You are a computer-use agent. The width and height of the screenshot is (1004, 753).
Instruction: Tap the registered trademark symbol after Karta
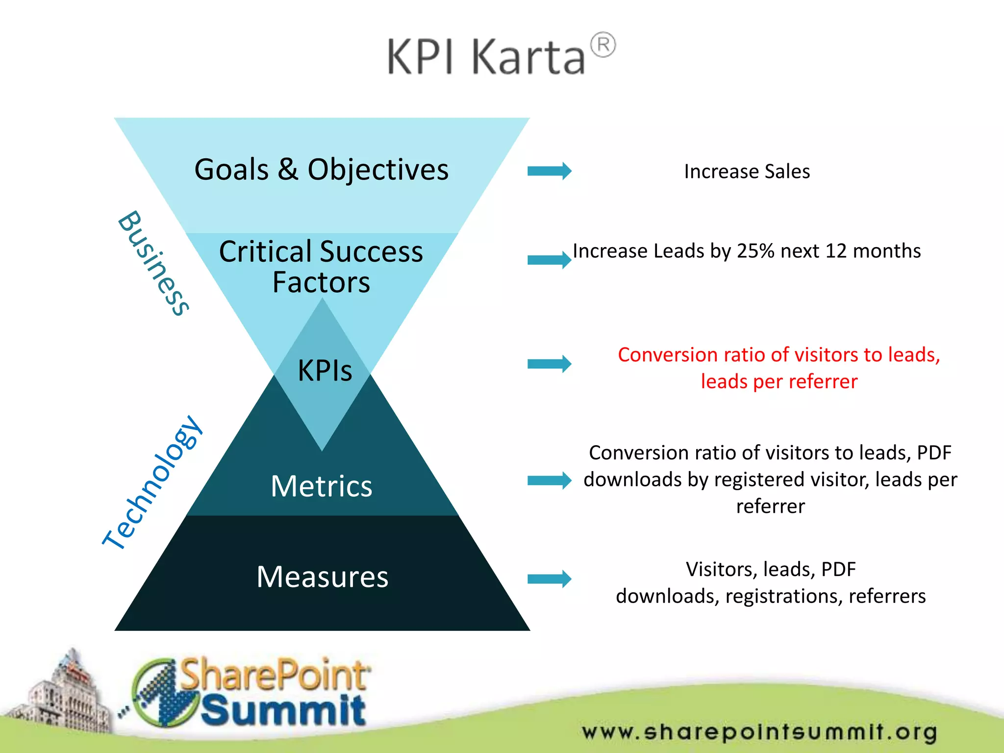[602, 46]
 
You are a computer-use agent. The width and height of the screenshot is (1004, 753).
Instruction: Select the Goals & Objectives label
[321, 170]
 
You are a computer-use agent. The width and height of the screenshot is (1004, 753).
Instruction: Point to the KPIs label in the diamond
[325, 370]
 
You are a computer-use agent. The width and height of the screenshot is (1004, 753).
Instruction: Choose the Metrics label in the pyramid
[322, 486]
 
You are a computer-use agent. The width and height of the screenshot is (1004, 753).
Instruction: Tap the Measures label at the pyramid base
[322, 577]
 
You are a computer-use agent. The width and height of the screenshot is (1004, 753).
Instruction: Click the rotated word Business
[153, 263]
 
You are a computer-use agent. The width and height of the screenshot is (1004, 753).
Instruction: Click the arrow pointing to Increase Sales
[549, 171]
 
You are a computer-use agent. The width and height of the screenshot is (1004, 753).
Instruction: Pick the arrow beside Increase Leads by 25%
[549, 260]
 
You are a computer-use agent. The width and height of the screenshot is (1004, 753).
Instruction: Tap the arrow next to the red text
[549, 364]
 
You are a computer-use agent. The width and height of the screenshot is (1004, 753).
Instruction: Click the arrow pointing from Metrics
[549, 480]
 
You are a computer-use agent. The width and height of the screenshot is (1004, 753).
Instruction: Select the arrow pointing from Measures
[549, 579]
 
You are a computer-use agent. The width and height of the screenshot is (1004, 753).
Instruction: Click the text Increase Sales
[747, 172]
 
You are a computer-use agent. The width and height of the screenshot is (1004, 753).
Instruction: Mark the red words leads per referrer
[779, 381]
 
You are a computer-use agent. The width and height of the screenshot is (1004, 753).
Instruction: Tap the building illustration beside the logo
[64, 696]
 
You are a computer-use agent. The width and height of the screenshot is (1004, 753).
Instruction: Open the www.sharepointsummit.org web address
[759, 732]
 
